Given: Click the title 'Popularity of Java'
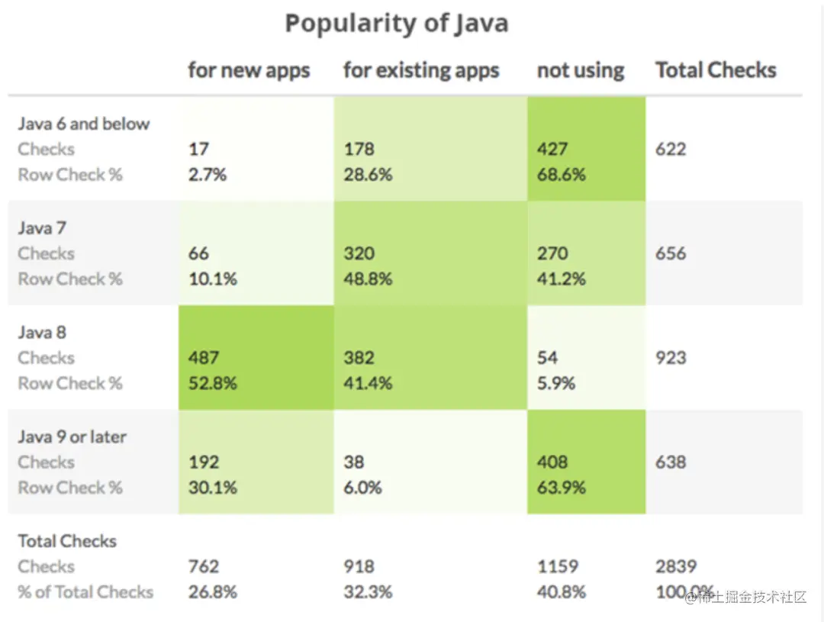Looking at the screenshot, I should pyautogui.click(x=396, y=24).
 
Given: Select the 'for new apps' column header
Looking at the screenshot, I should pyautogui.click(x=249, y=71).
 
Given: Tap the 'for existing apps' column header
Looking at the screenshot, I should pyautogui.click(x=421, y=71).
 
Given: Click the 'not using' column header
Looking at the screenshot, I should pyautogui.click(x=580, y=71).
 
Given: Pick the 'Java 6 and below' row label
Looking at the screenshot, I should pyautogui.click(x=84, y=124).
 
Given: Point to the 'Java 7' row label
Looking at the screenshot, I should pyautogui.click(x=42, y=228).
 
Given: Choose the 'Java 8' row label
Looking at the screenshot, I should pyautogui.click(x=42, y=333).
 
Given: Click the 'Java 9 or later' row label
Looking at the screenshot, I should pyautogui.click(x=72, y=437).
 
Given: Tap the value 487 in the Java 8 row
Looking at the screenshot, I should pyautogui.click(x=204, y=358).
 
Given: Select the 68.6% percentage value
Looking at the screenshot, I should pyautogui.click(x=561, y=175).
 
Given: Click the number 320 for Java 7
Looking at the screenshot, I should pyautogui.click(x=359, y=253).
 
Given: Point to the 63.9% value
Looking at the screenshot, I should pyautogui.click(x=561, y=488).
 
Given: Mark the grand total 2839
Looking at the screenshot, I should pyautogui.click(x=675, y=567).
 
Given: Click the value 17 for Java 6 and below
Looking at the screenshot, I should pyautogui.click(x=198, y=150).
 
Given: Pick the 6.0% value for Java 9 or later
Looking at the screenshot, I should pyautogui.click(x=363, y=488).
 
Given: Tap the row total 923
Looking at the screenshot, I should pyautogui.click(x=671, y=358).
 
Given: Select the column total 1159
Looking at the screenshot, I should pyautogui.click(x=558, y=567).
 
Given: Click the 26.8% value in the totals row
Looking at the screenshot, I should pyautogui.click(x=213, y=592).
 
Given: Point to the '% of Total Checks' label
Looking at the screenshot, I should pyautogui.click(x=85, y=592).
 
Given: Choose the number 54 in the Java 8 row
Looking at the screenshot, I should pyautogui.click(x=547, y=358).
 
